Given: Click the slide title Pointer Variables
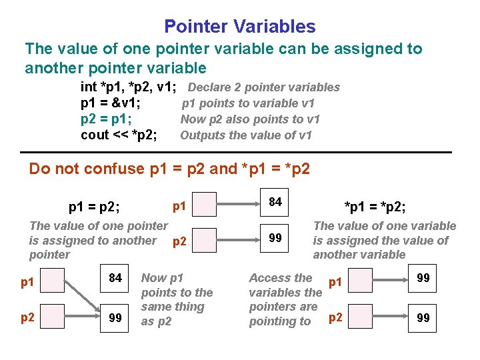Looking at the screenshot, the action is click(240, 27).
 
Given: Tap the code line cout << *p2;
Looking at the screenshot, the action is click(119, 135).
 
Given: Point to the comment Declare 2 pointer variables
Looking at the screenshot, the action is click(264, 87).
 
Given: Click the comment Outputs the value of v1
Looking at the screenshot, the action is click(246, 135).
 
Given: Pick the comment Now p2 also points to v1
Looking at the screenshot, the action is click(250, 119).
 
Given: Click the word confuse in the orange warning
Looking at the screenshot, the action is click(119, 169).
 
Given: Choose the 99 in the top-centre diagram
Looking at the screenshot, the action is click(275, 238).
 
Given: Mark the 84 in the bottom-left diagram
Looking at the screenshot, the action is click(115, 278).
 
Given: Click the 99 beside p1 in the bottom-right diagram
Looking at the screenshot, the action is click(423, 278).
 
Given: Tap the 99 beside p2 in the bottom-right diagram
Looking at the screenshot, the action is click(423, 318).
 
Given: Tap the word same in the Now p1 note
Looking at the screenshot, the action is click(155, 307).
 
